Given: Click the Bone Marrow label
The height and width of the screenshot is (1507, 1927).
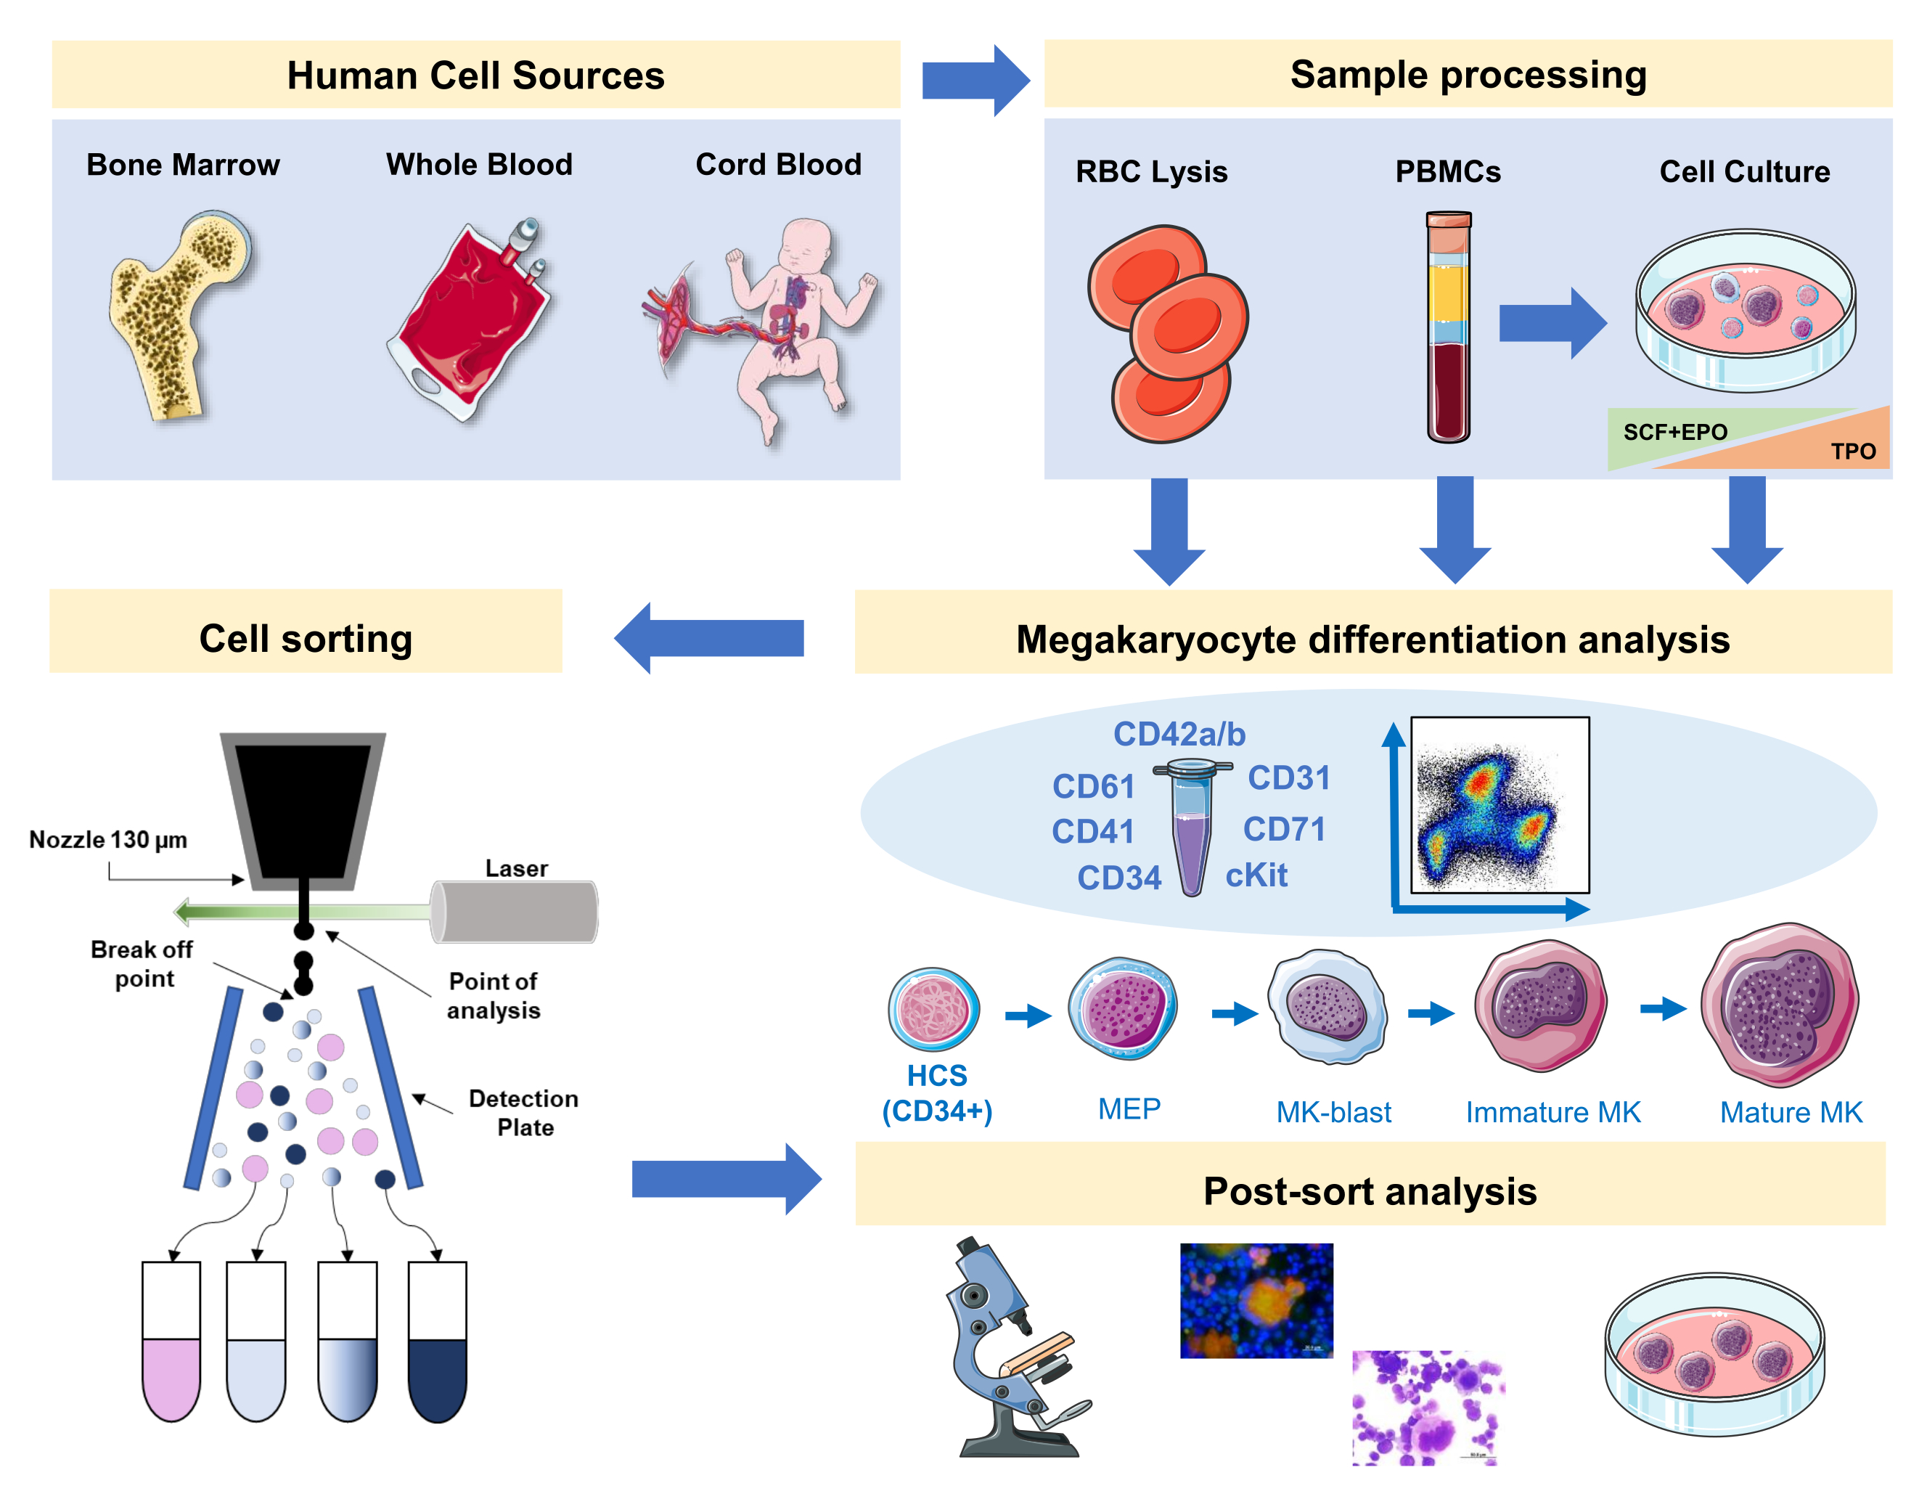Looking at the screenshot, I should coord(183,165).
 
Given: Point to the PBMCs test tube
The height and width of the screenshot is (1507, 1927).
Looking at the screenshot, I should coord(1448,327).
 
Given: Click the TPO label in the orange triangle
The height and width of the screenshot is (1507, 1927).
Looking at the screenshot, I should coord(1853,452).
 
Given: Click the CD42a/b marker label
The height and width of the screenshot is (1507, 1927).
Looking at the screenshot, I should coord(1179,734).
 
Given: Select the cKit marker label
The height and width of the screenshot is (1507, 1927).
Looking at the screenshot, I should coord(1256,875).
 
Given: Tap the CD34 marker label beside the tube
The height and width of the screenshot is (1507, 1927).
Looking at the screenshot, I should coord(1118,878).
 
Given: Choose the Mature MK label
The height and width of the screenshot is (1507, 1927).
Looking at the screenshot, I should coord(1791,1113).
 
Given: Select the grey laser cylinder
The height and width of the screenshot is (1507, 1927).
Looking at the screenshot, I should coord(515,912).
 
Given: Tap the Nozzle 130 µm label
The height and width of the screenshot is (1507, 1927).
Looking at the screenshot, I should coord(107,840).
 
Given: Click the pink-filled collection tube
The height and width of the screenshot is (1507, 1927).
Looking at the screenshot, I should coord(171,1341).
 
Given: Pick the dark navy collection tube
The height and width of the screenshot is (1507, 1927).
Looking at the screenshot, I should coord(437,1341).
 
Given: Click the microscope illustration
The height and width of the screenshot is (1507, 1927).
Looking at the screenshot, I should coord(1015,1350).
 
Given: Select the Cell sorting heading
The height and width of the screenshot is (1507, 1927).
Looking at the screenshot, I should coord(306,639).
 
